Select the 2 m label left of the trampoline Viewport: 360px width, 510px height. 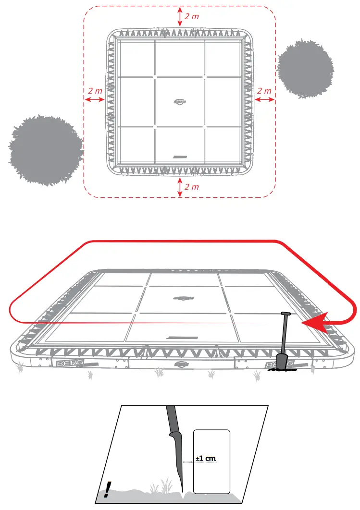pyautogui.click(x=95, y=90)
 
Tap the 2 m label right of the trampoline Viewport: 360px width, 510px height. pyautogui.click(x=264, y=90)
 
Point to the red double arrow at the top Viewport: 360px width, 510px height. pyautogui.click(x=180, y=16)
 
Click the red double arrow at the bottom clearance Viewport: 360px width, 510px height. pyautogui.click(x=180, y=187)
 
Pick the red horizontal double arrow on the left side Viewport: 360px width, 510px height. pyautogui.click(x=95, y=99)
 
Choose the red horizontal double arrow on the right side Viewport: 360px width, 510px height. pyautogui.click(x=264, y=99)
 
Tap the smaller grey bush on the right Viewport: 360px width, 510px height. pyautogui.click(x=305, y=69)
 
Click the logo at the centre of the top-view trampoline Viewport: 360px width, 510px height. pyautogui.click(x=180, y=101)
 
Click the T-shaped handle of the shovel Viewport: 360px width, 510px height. pyautogui.click(x=285, y=314)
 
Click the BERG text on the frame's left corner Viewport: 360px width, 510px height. pyautogui.click(x=67, y=364)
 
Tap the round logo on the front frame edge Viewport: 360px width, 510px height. pyautogui.click(x=180, y=364)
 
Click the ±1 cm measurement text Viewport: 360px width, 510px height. pyautogui.click(x=206, y=458)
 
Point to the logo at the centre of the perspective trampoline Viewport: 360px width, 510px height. pyautogui.click(x=181, y=297)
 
